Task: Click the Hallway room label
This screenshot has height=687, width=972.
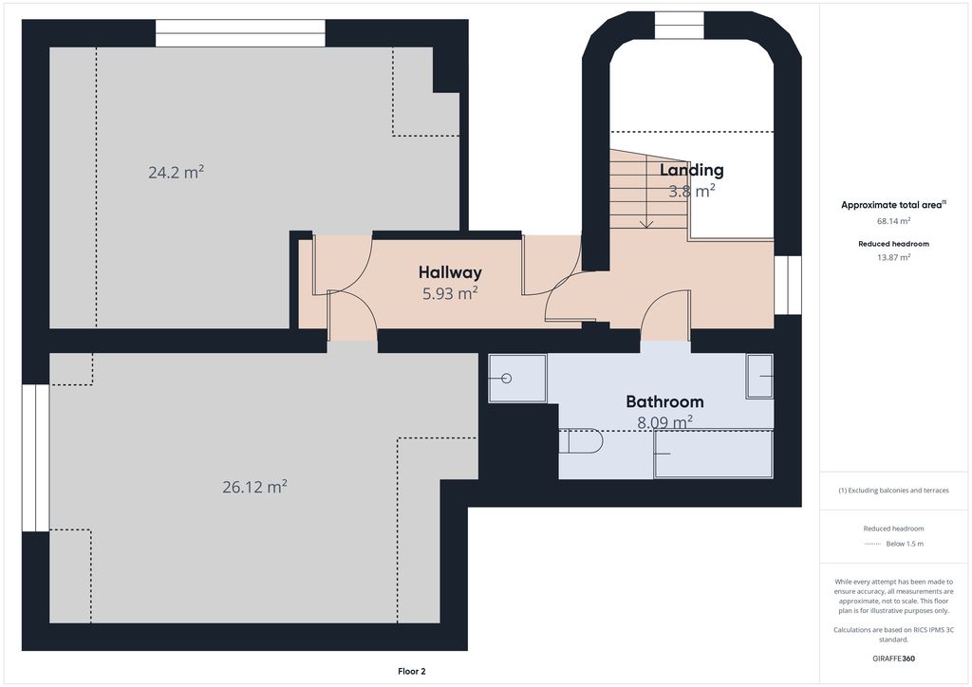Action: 450,273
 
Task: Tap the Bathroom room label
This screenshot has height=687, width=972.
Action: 664,401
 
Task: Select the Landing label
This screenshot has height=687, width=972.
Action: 691,170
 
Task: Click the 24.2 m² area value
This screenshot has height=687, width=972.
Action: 176,173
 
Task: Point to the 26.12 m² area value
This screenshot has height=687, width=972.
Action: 254,487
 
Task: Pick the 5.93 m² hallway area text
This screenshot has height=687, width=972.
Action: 450,294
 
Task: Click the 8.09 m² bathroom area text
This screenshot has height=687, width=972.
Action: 664,422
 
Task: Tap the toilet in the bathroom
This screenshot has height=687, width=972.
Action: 582,442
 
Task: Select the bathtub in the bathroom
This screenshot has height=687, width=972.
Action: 713,454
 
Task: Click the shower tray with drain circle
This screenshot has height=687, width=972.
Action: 517,378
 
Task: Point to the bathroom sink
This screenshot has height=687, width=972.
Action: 759,377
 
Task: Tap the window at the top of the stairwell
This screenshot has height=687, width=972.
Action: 679,25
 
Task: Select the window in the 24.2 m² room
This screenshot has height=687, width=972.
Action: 240,32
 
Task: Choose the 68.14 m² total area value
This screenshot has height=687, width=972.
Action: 893,220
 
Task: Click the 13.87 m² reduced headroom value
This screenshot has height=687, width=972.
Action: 893,257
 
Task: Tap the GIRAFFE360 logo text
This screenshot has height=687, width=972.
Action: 894,658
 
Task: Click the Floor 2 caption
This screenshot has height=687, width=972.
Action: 411,671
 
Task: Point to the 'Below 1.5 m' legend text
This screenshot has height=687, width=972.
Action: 905,544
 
